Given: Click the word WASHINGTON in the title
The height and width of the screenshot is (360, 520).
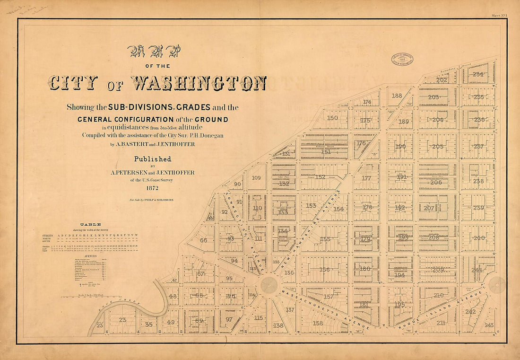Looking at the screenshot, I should (x=198, y=83).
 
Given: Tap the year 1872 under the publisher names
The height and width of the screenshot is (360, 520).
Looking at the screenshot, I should (x=152, y=187).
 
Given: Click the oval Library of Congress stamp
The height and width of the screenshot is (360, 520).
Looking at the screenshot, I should (x=402, y=59).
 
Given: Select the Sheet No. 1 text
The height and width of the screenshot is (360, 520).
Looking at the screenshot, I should (x=499, y=15).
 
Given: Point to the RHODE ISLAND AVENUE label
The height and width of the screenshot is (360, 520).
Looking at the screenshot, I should (x=442, y=310).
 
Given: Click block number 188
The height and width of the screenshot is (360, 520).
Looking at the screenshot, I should (x=397, y=96).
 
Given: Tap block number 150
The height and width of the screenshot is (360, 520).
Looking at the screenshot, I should (x=332, y=118).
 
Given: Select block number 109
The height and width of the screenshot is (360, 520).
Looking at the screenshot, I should (x=256, y=178).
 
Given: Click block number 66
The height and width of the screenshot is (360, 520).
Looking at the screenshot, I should (x=203, y=240).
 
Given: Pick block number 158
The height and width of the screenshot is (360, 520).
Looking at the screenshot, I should (x=318, y=323).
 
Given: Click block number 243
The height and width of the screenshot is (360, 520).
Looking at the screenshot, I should (x=489, y=325).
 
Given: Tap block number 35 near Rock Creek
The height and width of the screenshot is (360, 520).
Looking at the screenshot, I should (x=148, y=325).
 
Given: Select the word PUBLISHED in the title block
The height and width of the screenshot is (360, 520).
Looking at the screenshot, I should (x=152, y=159).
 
